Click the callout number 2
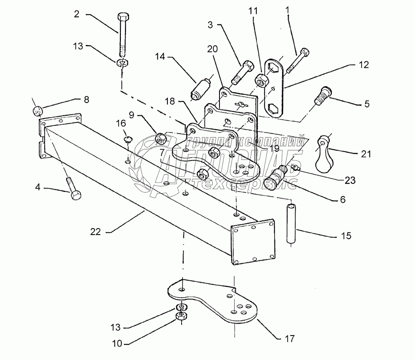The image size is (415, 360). coord(77,14)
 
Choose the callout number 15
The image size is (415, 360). coord(346,236)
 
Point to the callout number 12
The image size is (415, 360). coord(364,65)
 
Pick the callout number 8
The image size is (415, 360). coord(86,99)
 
